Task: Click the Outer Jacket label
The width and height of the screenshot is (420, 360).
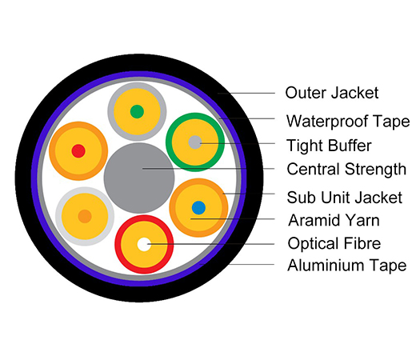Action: coord(332,93)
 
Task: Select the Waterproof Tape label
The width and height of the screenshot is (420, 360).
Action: coord(348,121)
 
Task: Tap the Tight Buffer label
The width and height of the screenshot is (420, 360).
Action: coord(329,146)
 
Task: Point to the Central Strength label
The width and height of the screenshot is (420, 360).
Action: coord(346,170)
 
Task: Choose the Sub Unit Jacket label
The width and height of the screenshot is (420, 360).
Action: coord(345,198)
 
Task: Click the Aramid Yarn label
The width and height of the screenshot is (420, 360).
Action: coord(334,220)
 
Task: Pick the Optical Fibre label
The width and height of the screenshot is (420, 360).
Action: coord(334,243)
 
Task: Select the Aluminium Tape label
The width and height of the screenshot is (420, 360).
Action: coord(347,265)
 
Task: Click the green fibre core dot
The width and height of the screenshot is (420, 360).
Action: coord(137,112)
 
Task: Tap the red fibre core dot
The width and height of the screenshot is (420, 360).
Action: coord(78,151)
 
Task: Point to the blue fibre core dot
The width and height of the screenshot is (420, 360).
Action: coord(198,207)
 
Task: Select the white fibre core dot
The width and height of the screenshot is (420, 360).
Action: coord(144,244)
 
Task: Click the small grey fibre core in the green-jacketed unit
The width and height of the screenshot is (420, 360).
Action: coord(195,142)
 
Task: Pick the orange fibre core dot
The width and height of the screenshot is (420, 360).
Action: coord(85,216)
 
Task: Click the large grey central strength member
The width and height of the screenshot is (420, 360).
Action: coord(139,178)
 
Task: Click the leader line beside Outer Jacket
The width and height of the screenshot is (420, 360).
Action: coord(246,94)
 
